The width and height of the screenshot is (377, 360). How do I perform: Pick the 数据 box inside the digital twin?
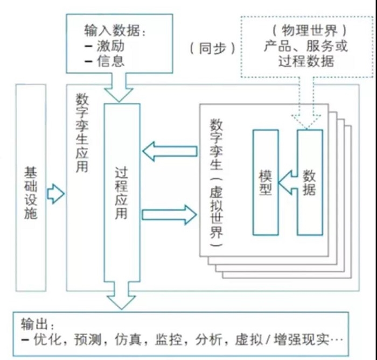pos(310,182)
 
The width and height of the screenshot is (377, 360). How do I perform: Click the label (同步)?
pos(212,48)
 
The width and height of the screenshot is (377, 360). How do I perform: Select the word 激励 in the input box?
pos(111,45)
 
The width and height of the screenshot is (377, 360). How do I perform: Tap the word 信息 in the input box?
pos(111,60)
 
